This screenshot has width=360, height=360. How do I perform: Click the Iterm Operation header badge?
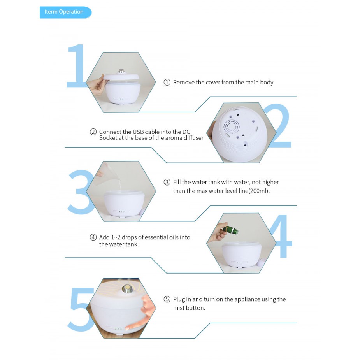[65, 12]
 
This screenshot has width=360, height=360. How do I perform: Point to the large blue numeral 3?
[80, 192]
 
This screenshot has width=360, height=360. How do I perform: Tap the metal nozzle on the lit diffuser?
[126, 289]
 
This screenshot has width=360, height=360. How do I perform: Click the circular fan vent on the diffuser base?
[232, 126]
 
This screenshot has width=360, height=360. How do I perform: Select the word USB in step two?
[138, 132]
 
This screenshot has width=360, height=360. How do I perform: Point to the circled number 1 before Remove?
[167, 82]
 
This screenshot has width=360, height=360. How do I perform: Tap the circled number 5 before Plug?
[167, 299]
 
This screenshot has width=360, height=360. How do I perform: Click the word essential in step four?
[156, 237]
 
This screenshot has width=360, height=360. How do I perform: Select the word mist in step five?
[179, 308]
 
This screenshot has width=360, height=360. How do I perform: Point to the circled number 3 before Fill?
[167, 182]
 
